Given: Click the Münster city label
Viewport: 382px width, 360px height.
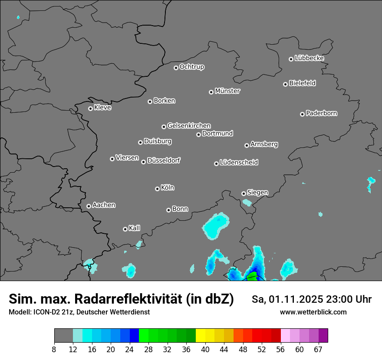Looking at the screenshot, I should [227, 91].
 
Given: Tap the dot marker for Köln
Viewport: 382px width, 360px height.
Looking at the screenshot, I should [157, 189].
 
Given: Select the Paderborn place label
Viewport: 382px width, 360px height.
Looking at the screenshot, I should [322, 113].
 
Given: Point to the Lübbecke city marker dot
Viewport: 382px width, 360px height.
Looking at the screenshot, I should [291, 59].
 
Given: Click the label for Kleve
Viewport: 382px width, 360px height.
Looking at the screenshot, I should [103, 108].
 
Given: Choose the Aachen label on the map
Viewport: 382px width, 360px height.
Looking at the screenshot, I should [104, 205].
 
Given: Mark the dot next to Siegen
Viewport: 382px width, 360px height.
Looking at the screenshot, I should [244, 193].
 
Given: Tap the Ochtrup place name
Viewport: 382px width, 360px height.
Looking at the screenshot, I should [192, 67].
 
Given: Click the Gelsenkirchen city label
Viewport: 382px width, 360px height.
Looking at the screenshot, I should [189, 126].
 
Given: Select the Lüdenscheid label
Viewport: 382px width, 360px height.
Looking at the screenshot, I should [239, 163].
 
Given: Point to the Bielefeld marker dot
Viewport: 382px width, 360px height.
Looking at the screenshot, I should [285, 84].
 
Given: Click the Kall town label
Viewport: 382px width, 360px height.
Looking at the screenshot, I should [135, 228].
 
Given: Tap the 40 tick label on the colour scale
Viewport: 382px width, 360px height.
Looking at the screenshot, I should [205, 350].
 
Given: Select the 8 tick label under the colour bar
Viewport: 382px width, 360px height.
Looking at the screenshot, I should [54, 350].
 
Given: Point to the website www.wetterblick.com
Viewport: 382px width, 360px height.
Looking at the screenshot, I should [313, 312].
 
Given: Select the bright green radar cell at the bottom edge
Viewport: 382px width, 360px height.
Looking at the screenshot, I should [252, 277].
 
